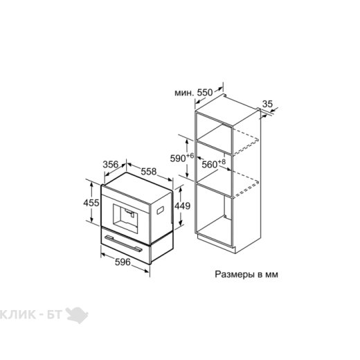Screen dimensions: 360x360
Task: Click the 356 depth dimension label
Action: [x=110, y=165]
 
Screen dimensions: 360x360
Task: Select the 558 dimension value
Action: [x=149, y=172]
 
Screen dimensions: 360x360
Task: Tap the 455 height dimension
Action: [x=91, y=203]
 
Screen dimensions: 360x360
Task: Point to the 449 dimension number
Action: [x=182, y=206]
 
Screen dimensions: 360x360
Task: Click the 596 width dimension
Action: [x=123, y=262]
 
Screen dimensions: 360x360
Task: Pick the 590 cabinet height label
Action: [x=178, y=159]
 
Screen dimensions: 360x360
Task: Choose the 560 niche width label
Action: [x=210, y=165]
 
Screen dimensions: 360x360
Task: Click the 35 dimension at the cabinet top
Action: [x=268, y=104]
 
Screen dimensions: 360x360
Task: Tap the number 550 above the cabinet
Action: [x=205, y=92]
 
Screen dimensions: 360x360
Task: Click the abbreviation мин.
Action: [x=183, y=93]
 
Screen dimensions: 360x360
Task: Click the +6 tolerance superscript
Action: [x=190, y=156]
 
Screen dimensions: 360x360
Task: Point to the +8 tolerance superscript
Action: [x=222, y=162]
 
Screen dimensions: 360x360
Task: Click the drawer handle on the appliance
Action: [x=123, y=244]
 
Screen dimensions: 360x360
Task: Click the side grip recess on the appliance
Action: [x=161, y=210]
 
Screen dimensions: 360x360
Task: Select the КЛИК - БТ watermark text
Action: [x=31, y=314]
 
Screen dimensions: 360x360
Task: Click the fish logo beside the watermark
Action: [x=77, y=315]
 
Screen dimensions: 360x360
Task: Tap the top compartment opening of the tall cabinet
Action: [x=214, y=133]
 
